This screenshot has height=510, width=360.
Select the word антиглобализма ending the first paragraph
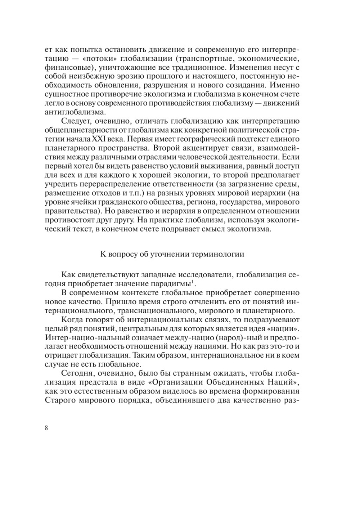73,111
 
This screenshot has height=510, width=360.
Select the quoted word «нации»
287,328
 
